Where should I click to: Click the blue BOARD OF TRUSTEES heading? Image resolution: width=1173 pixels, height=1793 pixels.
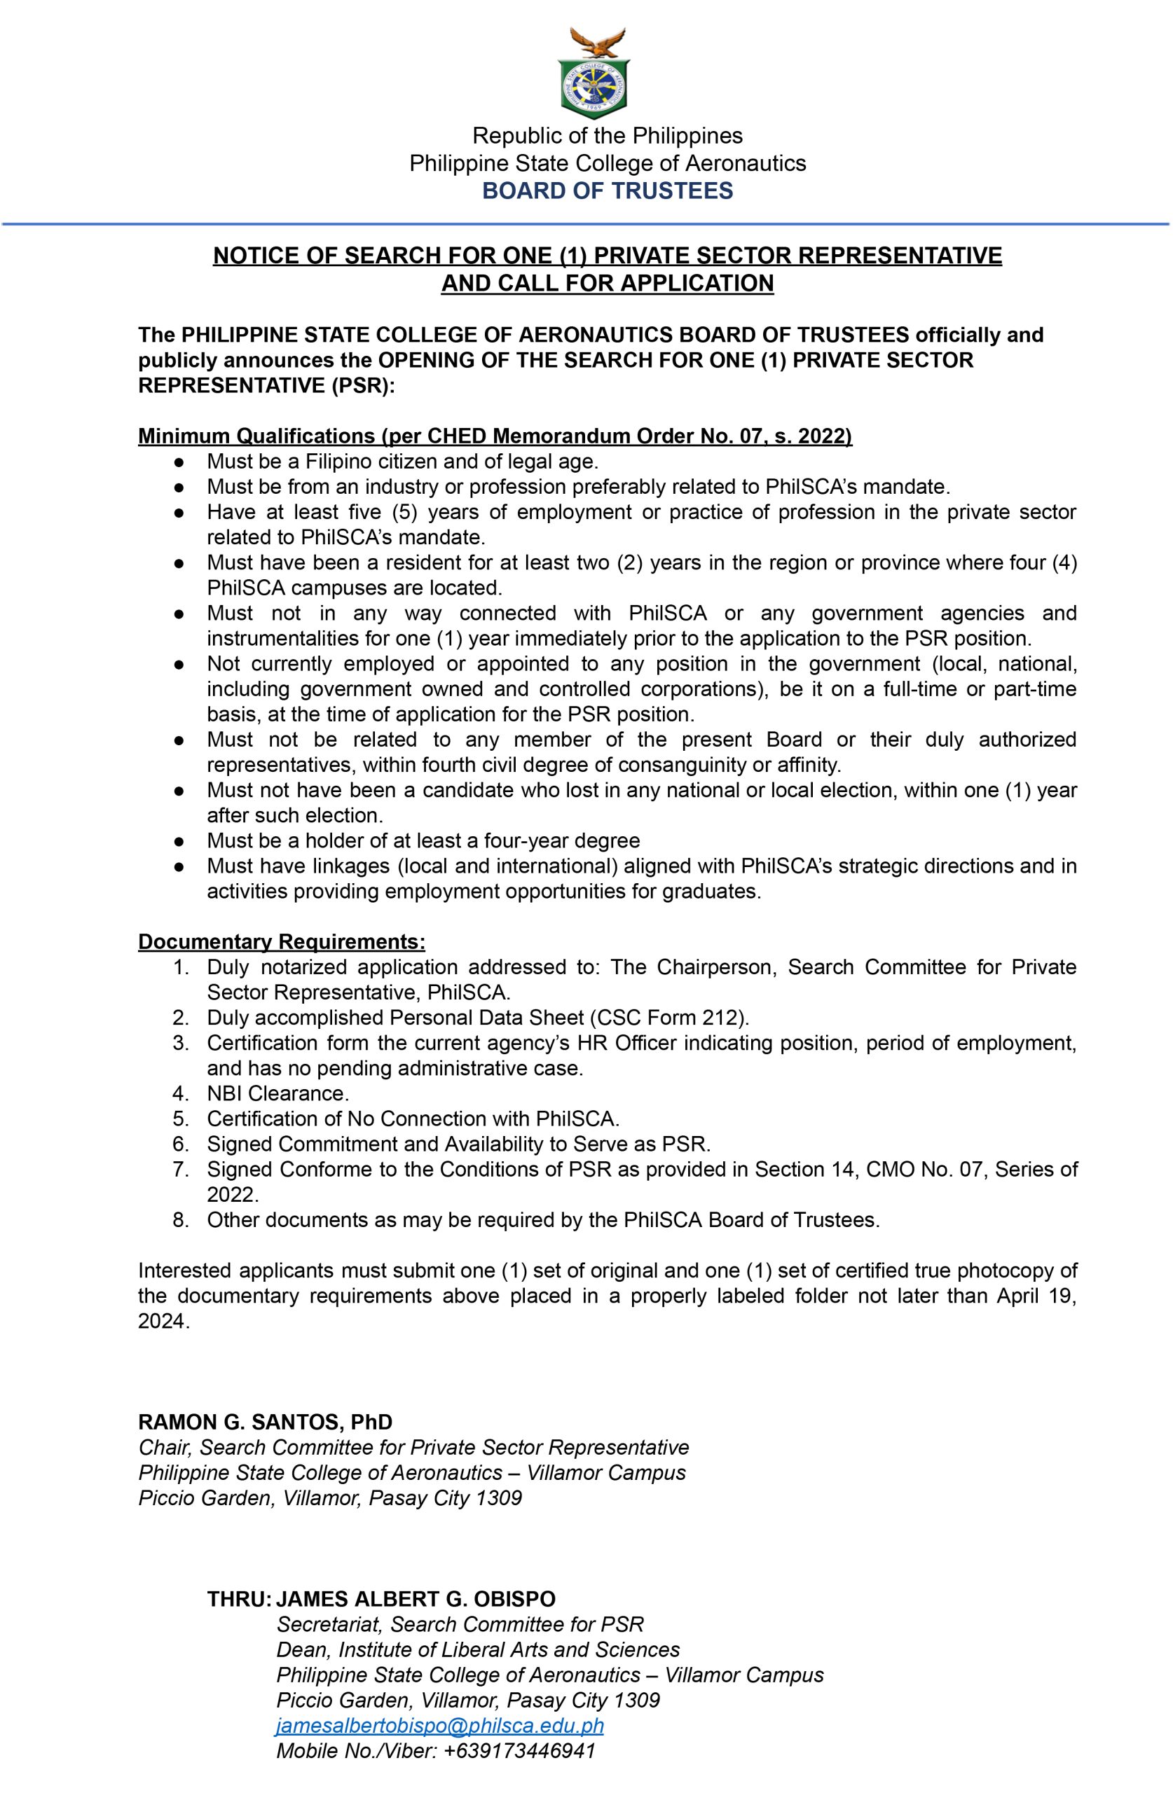pos(607,191)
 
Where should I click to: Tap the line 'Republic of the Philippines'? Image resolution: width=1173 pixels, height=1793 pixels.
pos(607,136)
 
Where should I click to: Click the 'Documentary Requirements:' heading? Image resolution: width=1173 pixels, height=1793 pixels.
pos(281,942)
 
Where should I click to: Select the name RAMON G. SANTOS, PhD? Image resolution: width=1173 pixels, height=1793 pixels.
pos(265,1422)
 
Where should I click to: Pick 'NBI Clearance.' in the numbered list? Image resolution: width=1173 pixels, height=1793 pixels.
pos(278,1093)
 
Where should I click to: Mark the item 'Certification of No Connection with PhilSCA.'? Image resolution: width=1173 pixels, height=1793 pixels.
pos(413,1119)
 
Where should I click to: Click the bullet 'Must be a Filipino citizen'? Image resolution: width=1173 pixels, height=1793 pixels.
pos(402,461)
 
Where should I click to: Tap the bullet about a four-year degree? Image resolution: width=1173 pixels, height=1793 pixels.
pos(423,840)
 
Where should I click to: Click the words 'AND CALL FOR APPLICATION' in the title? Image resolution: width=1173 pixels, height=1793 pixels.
pos(607,283)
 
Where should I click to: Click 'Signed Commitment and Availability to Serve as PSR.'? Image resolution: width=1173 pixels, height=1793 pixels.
pos(458,1144)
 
